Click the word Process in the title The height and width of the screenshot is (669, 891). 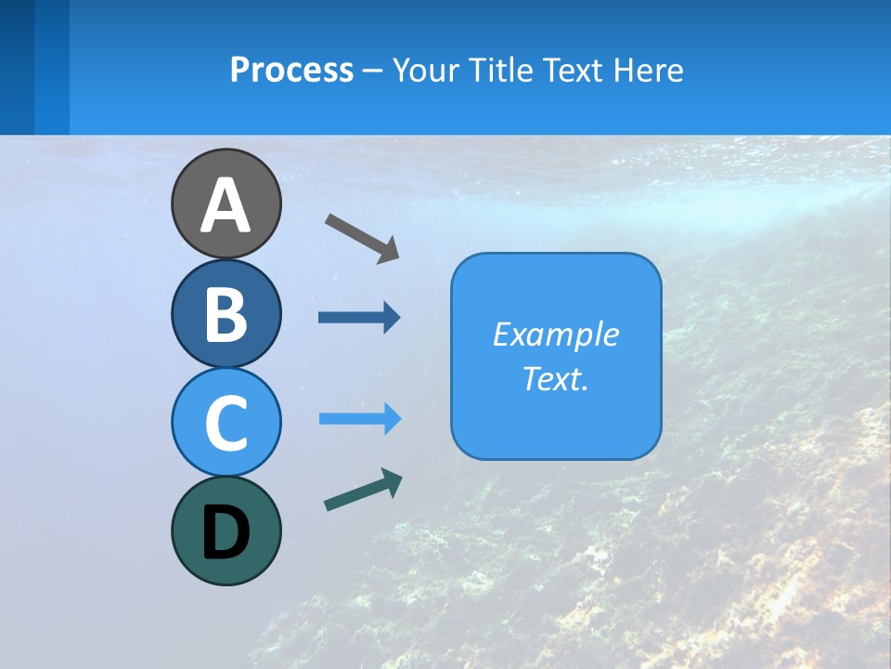(x=291, y=71)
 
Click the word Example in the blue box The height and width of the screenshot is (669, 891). (x=556, y=334)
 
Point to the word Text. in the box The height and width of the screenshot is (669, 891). (x=556, y=379)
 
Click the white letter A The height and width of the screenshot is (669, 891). (x=226, y=205)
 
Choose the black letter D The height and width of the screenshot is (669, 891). (x=226, y=532)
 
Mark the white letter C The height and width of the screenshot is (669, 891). (x=226, y=423)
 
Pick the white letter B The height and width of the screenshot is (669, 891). (x=226, y=314)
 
